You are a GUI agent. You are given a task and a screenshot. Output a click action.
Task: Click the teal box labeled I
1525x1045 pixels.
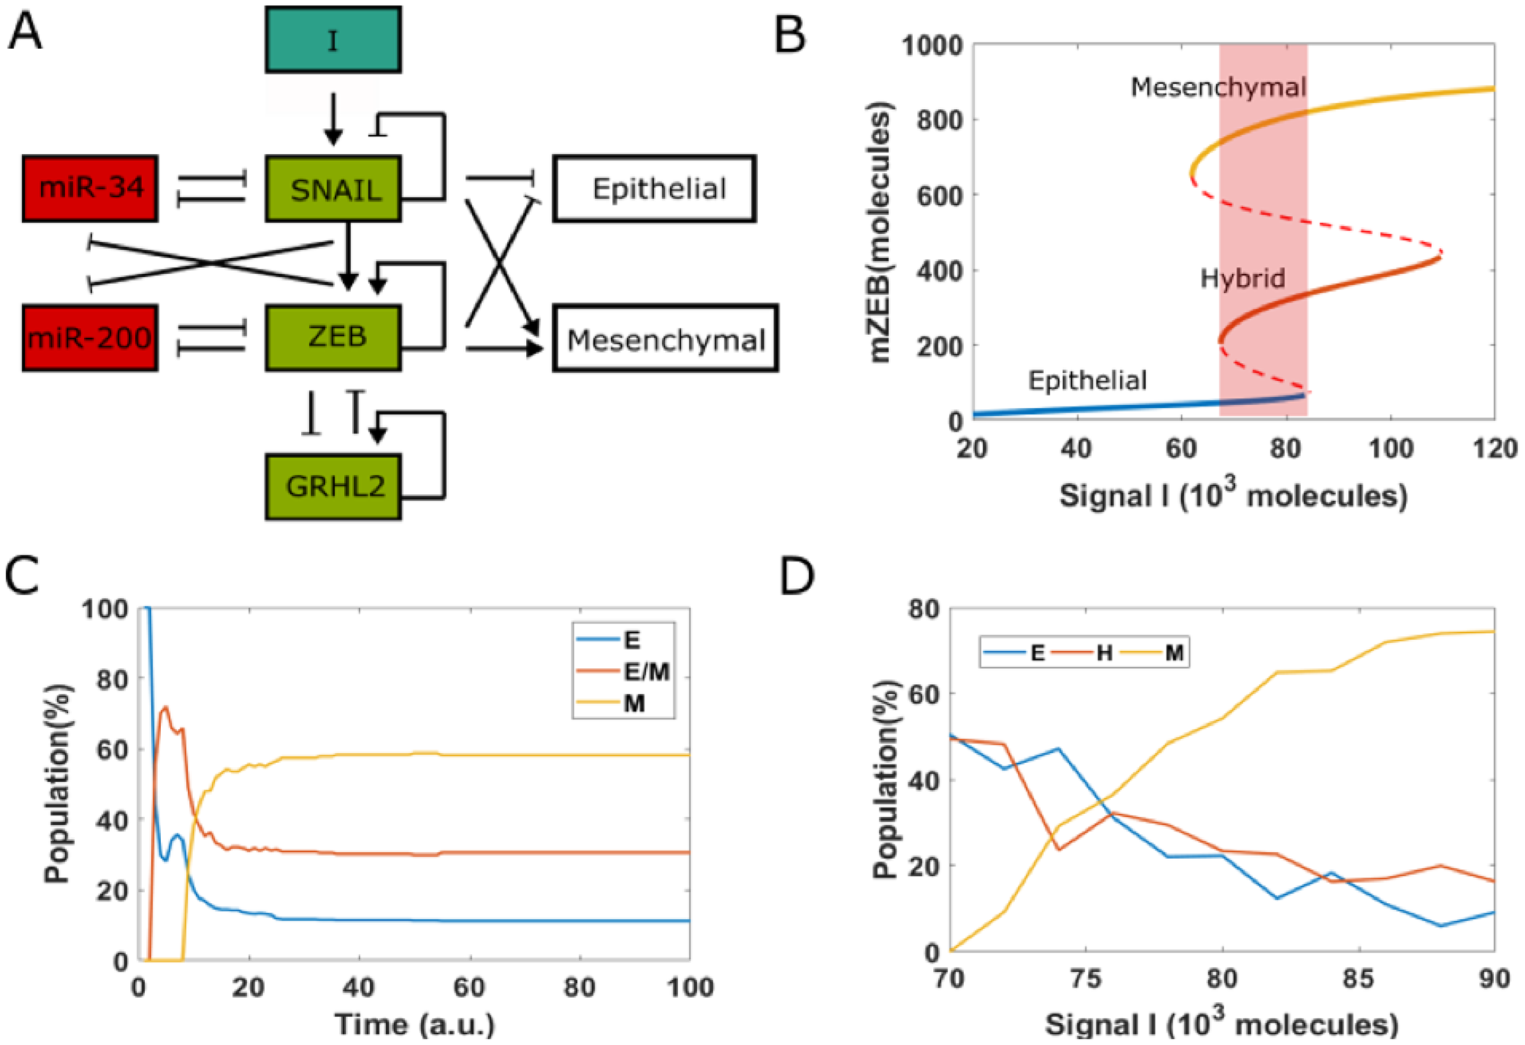(x=333, y=40)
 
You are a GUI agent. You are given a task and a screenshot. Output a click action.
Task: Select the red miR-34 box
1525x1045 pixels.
(x=90, y=188)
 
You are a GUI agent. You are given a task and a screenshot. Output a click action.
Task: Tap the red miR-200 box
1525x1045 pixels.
(x=90, y=338)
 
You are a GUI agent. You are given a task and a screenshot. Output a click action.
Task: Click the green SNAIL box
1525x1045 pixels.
(x=333, y=188)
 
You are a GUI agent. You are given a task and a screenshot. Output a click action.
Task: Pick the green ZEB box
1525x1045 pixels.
(x=333, y=338)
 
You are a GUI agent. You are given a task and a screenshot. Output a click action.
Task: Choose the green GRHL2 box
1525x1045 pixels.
(x=333, y=487)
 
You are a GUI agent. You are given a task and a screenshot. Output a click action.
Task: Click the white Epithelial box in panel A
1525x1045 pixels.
(x=654, y=188)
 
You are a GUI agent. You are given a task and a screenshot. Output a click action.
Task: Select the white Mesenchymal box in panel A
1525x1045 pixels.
(x=665, y=339)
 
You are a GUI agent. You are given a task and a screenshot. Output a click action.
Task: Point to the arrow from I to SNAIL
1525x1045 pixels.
(x=333, y=118)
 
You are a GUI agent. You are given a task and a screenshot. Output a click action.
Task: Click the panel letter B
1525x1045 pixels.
(x=789, y=36)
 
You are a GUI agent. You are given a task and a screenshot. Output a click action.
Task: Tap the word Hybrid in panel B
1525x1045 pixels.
(x=1242, y=278)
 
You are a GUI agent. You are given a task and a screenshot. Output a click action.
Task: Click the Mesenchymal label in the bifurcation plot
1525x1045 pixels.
(x=1218, y=88)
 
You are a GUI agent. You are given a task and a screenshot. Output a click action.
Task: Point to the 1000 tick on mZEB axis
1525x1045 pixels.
(x=933, y=46)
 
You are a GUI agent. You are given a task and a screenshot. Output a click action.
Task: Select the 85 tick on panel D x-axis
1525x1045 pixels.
(x=1358, y=979)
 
